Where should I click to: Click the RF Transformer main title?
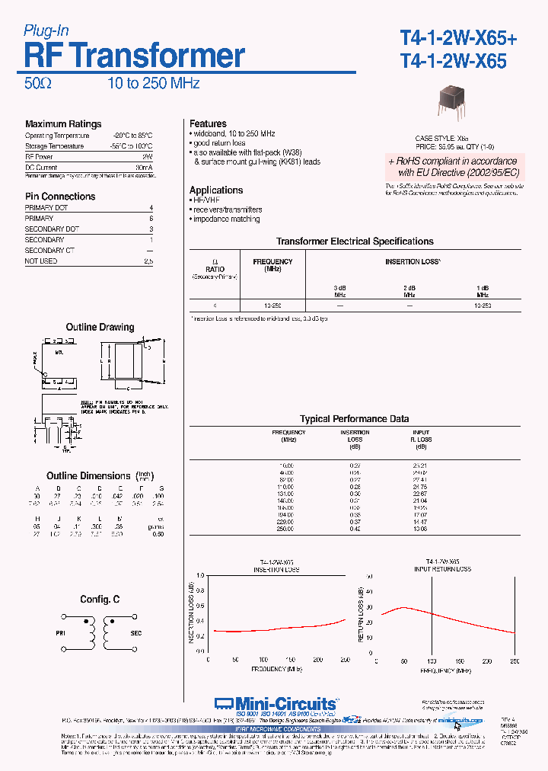(135, 56)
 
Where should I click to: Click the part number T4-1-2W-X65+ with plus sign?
(458, 38)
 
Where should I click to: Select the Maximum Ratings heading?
(63, 124)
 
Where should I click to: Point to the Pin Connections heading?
(60, 197)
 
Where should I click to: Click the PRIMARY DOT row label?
(46, 208)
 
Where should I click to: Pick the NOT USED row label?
(41, 261)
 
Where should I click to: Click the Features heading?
(208, 123)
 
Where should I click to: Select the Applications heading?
(216, 190)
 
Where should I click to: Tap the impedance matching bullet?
(226, 219)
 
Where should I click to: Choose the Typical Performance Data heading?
(354, 419)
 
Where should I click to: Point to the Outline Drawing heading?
(100, 328)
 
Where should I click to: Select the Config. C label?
(100, 600)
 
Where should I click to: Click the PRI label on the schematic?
(62, 632)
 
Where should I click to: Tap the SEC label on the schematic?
(136, 632)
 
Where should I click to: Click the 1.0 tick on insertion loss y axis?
(200, 575)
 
